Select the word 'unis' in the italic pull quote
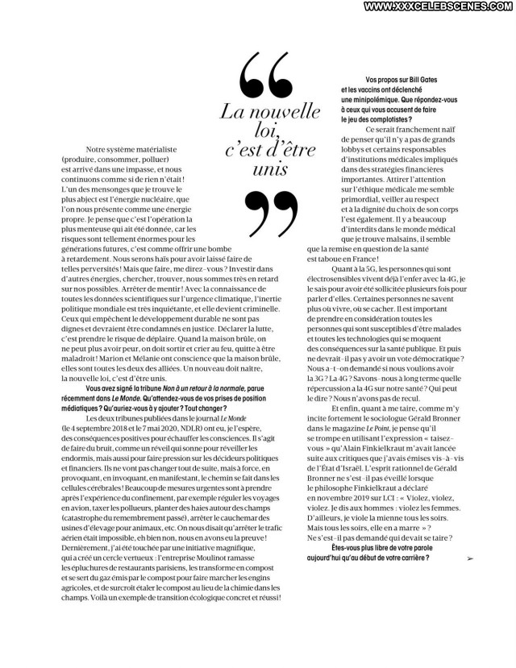268,171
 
